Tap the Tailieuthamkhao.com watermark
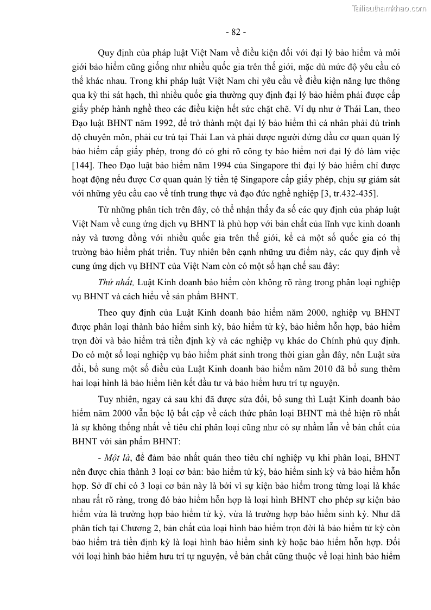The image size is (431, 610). point(389,8)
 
